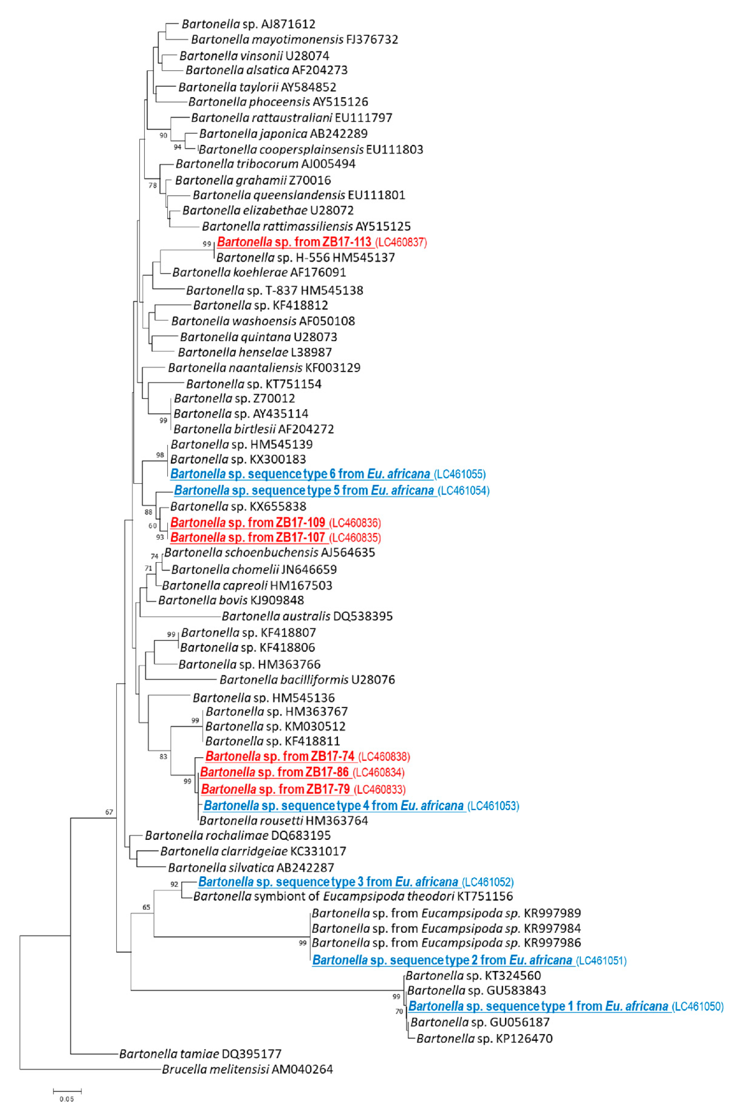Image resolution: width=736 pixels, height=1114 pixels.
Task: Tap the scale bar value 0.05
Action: (x=67, y=1099)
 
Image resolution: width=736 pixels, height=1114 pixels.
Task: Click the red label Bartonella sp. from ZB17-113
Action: (x=294, y=242)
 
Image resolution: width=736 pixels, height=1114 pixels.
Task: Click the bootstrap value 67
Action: (x=109, y=812)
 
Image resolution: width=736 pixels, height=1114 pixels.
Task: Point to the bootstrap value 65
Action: (x=147, y=907)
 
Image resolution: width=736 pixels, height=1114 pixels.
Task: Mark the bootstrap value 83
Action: (x=163, y=757)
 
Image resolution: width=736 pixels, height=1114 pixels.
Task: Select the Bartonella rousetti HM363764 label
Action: (x=283, y=820)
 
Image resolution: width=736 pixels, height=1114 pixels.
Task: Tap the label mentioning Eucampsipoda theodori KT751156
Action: (x=353, y=896)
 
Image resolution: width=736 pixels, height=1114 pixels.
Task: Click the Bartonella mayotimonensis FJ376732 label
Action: (x=294, y=39)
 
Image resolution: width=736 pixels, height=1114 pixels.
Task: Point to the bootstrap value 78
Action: (x=153, y=185)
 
